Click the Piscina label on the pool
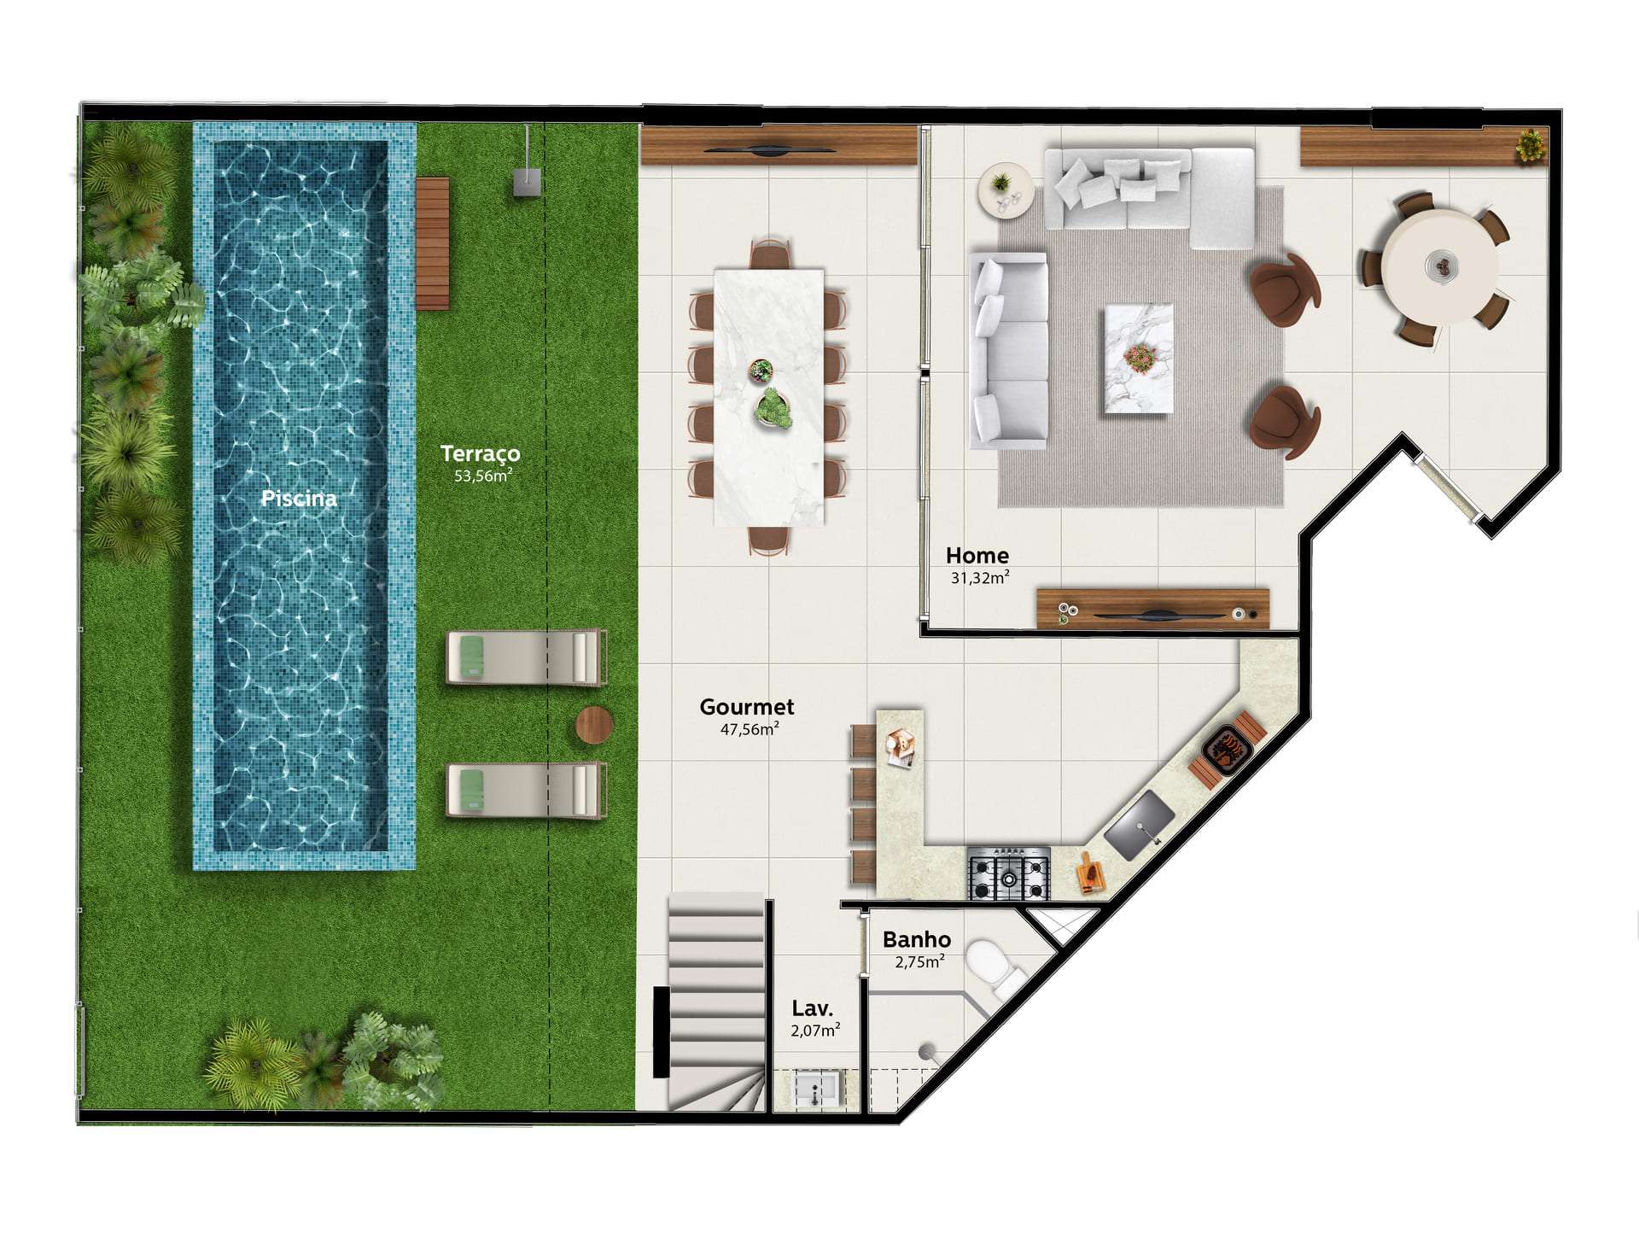299,498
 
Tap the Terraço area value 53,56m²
483,476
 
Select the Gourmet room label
747,707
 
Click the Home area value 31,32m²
980,578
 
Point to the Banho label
917,940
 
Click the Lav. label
813,1008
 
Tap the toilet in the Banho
996,968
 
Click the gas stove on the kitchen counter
1009,873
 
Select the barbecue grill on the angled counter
1227,751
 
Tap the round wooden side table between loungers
594,725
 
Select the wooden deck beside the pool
433,243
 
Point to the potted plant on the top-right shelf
1531,145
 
